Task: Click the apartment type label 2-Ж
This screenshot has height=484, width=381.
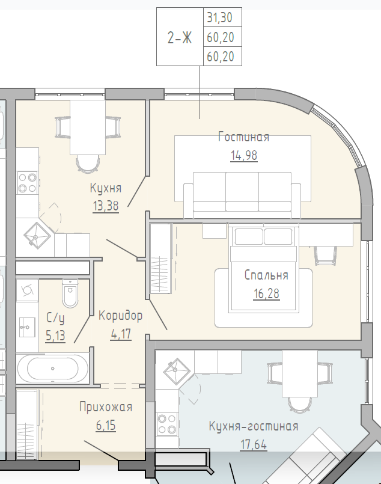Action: point(180,38)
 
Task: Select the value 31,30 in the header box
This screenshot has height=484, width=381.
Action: point(220,17)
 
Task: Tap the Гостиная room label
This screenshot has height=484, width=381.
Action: point(244,136)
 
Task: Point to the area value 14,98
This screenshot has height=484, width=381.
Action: point(244,155)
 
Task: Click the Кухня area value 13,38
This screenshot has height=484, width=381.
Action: point(106,206)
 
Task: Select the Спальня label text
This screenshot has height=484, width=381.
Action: point(266,275)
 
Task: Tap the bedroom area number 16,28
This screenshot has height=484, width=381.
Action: point(267,293)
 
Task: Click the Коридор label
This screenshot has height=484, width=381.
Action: point(120,316)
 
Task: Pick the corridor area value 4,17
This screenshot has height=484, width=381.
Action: point(121,334)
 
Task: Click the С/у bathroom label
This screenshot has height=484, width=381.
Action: point(55,317)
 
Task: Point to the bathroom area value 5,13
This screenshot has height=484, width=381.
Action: point(55,335)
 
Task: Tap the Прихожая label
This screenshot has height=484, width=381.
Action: point(106,407)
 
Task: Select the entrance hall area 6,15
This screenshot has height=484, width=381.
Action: point(106,425)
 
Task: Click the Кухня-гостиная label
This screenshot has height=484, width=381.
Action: point(254,426)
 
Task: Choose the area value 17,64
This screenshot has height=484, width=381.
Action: point(254,445)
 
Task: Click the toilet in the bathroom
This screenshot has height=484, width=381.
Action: point(70,293)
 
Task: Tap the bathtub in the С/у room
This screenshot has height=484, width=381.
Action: point(52,369)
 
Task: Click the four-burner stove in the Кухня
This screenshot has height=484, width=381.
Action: point(28,183)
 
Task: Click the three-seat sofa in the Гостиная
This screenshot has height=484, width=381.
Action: point(242,195)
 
